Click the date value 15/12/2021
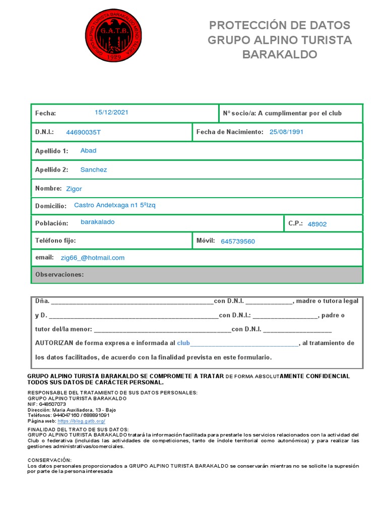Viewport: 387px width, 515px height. [x=111, y=112]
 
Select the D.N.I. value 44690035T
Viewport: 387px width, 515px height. [x=83, y=132]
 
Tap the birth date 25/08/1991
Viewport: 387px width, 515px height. [x=286, y=132]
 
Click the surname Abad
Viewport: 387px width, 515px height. [x=88, y=150]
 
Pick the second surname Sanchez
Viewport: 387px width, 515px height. [x=94, y=169]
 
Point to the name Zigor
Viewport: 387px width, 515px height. [x=74, y=189]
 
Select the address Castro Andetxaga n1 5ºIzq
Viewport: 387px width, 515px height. [x=115, y=205]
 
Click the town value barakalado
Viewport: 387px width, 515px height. [x=97, y=222]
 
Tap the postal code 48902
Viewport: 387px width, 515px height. [x=317, y=224]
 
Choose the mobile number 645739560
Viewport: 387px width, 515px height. [x=238, y=241]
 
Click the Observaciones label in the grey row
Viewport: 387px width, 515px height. [x=59, y=275]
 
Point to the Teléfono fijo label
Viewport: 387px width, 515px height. [x=55, y=241]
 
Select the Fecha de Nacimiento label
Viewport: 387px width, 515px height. [x=230, y=132]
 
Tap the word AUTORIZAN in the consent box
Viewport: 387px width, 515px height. [x=54, y=343]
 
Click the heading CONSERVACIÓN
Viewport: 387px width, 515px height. [x=49, y=460]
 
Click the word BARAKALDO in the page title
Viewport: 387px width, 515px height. [x=280, y=54]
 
